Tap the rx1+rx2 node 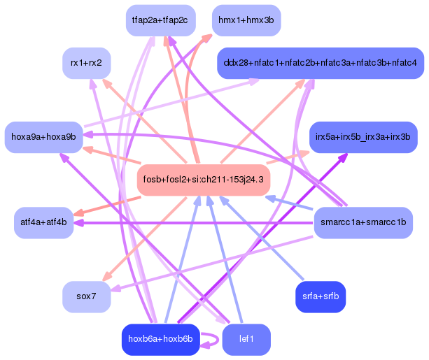86,64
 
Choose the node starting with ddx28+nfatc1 320,64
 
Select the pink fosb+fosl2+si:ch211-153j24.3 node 203,180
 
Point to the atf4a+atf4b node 43,223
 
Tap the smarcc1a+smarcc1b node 363,223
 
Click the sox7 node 86,296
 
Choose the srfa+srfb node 320,296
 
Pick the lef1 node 246,340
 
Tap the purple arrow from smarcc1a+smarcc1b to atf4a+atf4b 196,223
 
